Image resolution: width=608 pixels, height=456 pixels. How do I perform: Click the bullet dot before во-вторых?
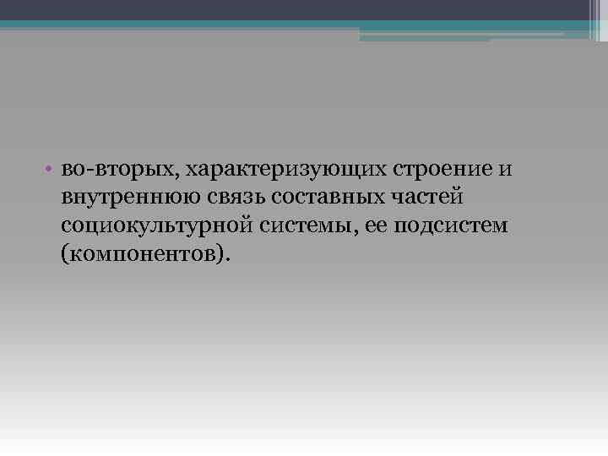(x=52, y=170)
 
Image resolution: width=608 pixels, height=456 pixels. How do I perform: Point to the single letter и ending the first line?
(x=506, y=170)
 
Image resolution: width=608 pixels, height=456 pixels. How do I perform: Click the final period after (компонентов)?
(x=226, y=258)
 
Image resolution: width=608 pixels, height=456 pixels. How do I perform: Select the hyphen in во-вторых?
(x=91, y=171)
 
